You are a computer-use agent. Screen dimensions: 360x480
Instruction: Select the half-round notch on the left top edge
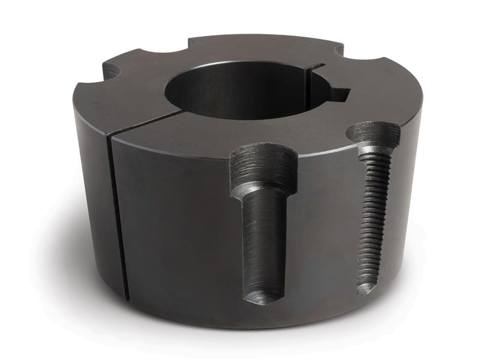pos(112,71)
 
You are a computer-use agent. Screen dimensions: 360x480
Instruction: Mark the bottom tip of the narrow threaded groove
pos(365,289)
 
